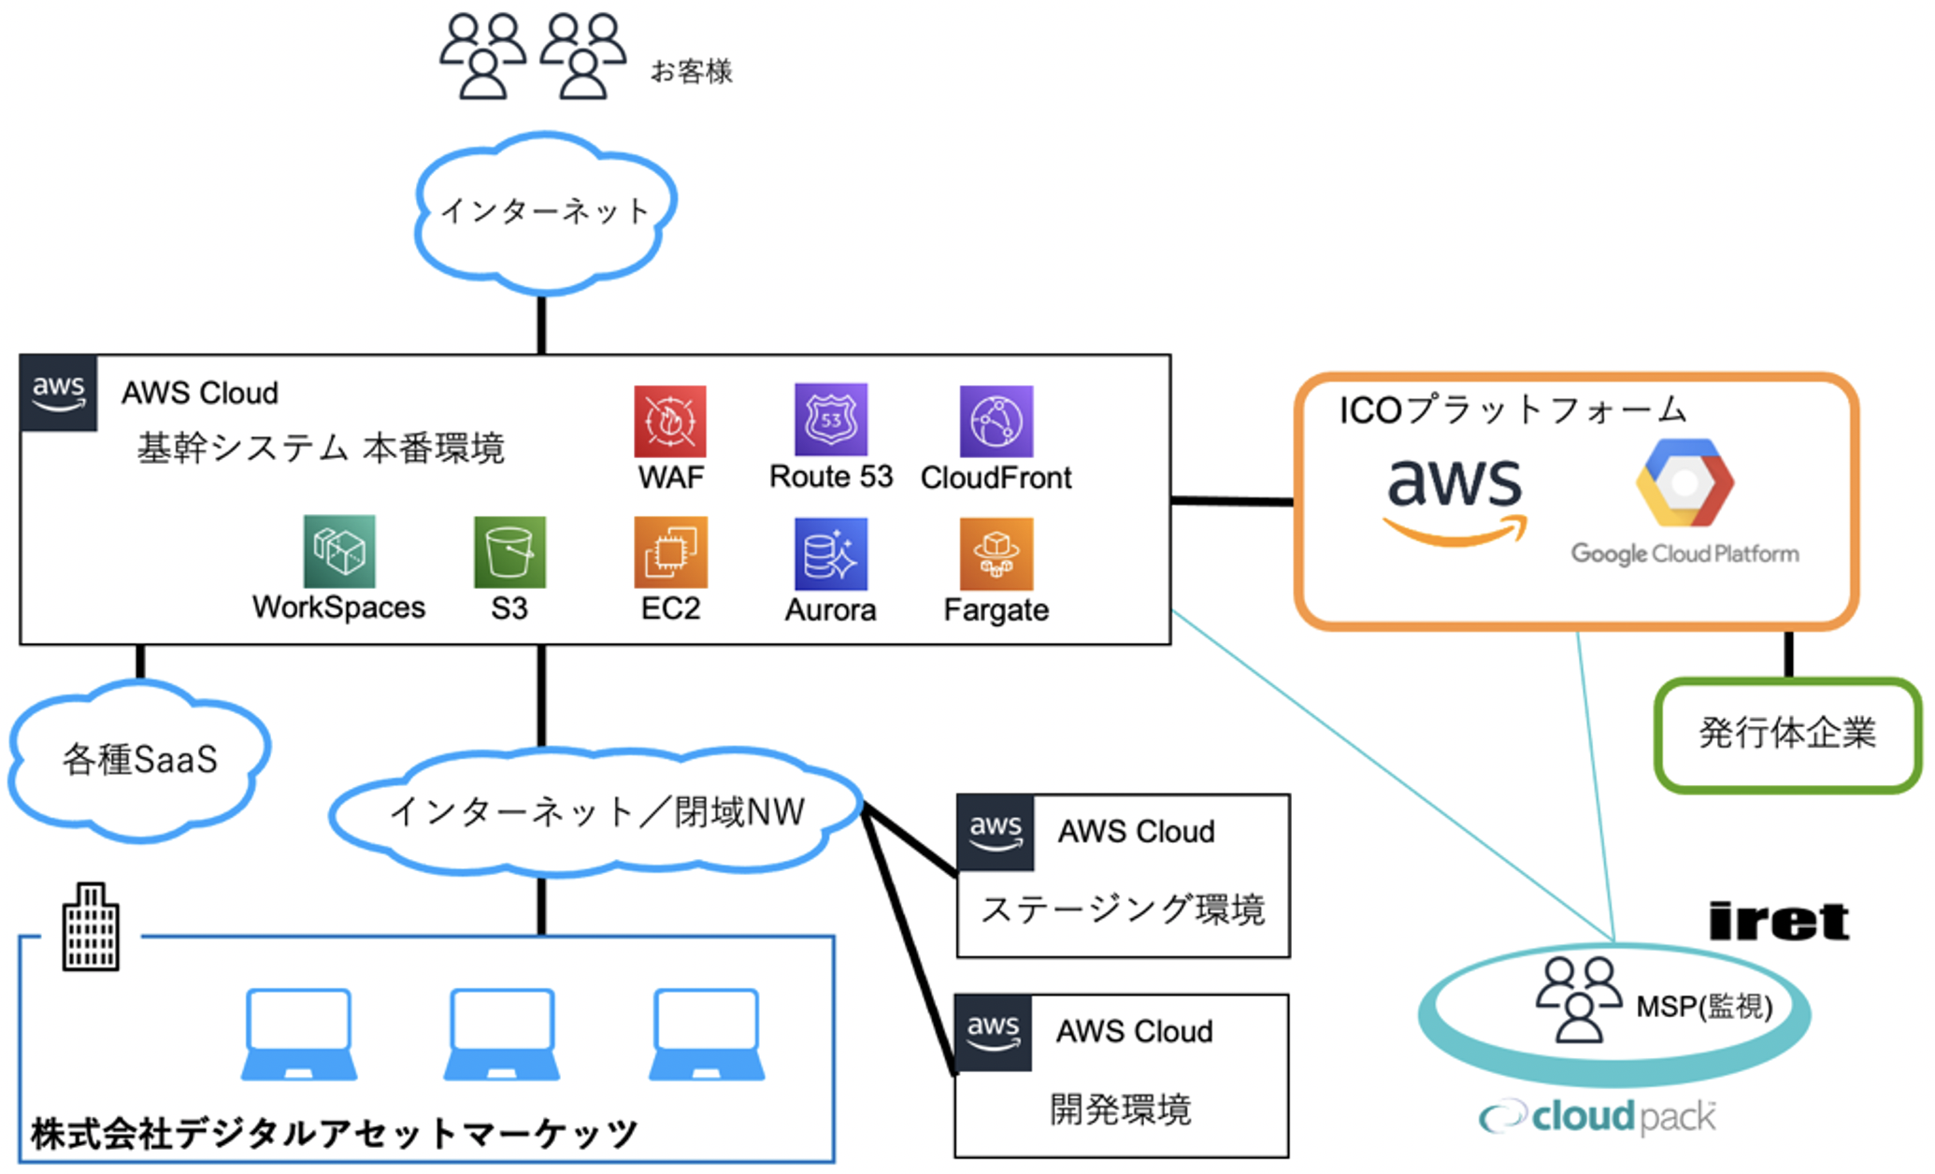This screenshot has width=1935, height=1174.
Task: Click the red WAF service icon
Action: (669, 422)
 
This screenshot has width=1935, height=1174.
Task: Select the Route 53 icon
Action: (830, 420)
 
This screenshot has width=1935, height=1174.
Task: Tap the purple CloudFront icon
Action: (996, 422)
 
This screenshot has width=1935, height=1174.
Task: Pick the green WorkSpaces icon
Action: (339, 551)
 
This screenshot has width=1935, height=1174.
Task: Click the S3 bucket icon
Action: (509, 552)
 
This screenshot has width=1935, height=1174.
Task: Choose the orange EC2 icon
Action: (670, 552)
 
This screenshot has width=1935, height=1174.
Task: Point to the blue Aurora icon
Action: (830, 554)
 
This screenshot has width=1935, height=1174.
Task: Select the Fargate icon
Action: (996, 554)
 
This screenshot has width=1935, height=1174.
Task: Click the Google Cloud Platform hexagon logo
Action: (1684, 483)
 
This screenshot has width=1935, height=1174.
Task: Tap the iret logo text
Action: (1778, 922)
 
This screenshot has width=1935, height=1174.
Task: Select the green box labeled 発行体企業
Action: (1787, 735)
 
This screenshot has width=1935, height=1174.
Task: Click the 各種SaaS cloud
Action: (140, 759)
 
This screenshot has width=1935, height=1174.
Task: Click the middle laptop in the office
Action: (502, 1034)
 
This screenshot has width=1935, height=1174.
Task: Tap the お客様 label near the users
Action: (691, 72)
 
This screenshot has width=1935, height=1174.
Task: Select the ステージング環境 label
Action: (1123, 909)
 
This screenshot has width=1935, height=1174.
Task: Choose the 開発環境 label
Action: (1121, 1110)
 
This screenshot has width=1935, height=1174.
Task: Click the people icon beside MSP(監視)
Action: (1579, 999)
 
